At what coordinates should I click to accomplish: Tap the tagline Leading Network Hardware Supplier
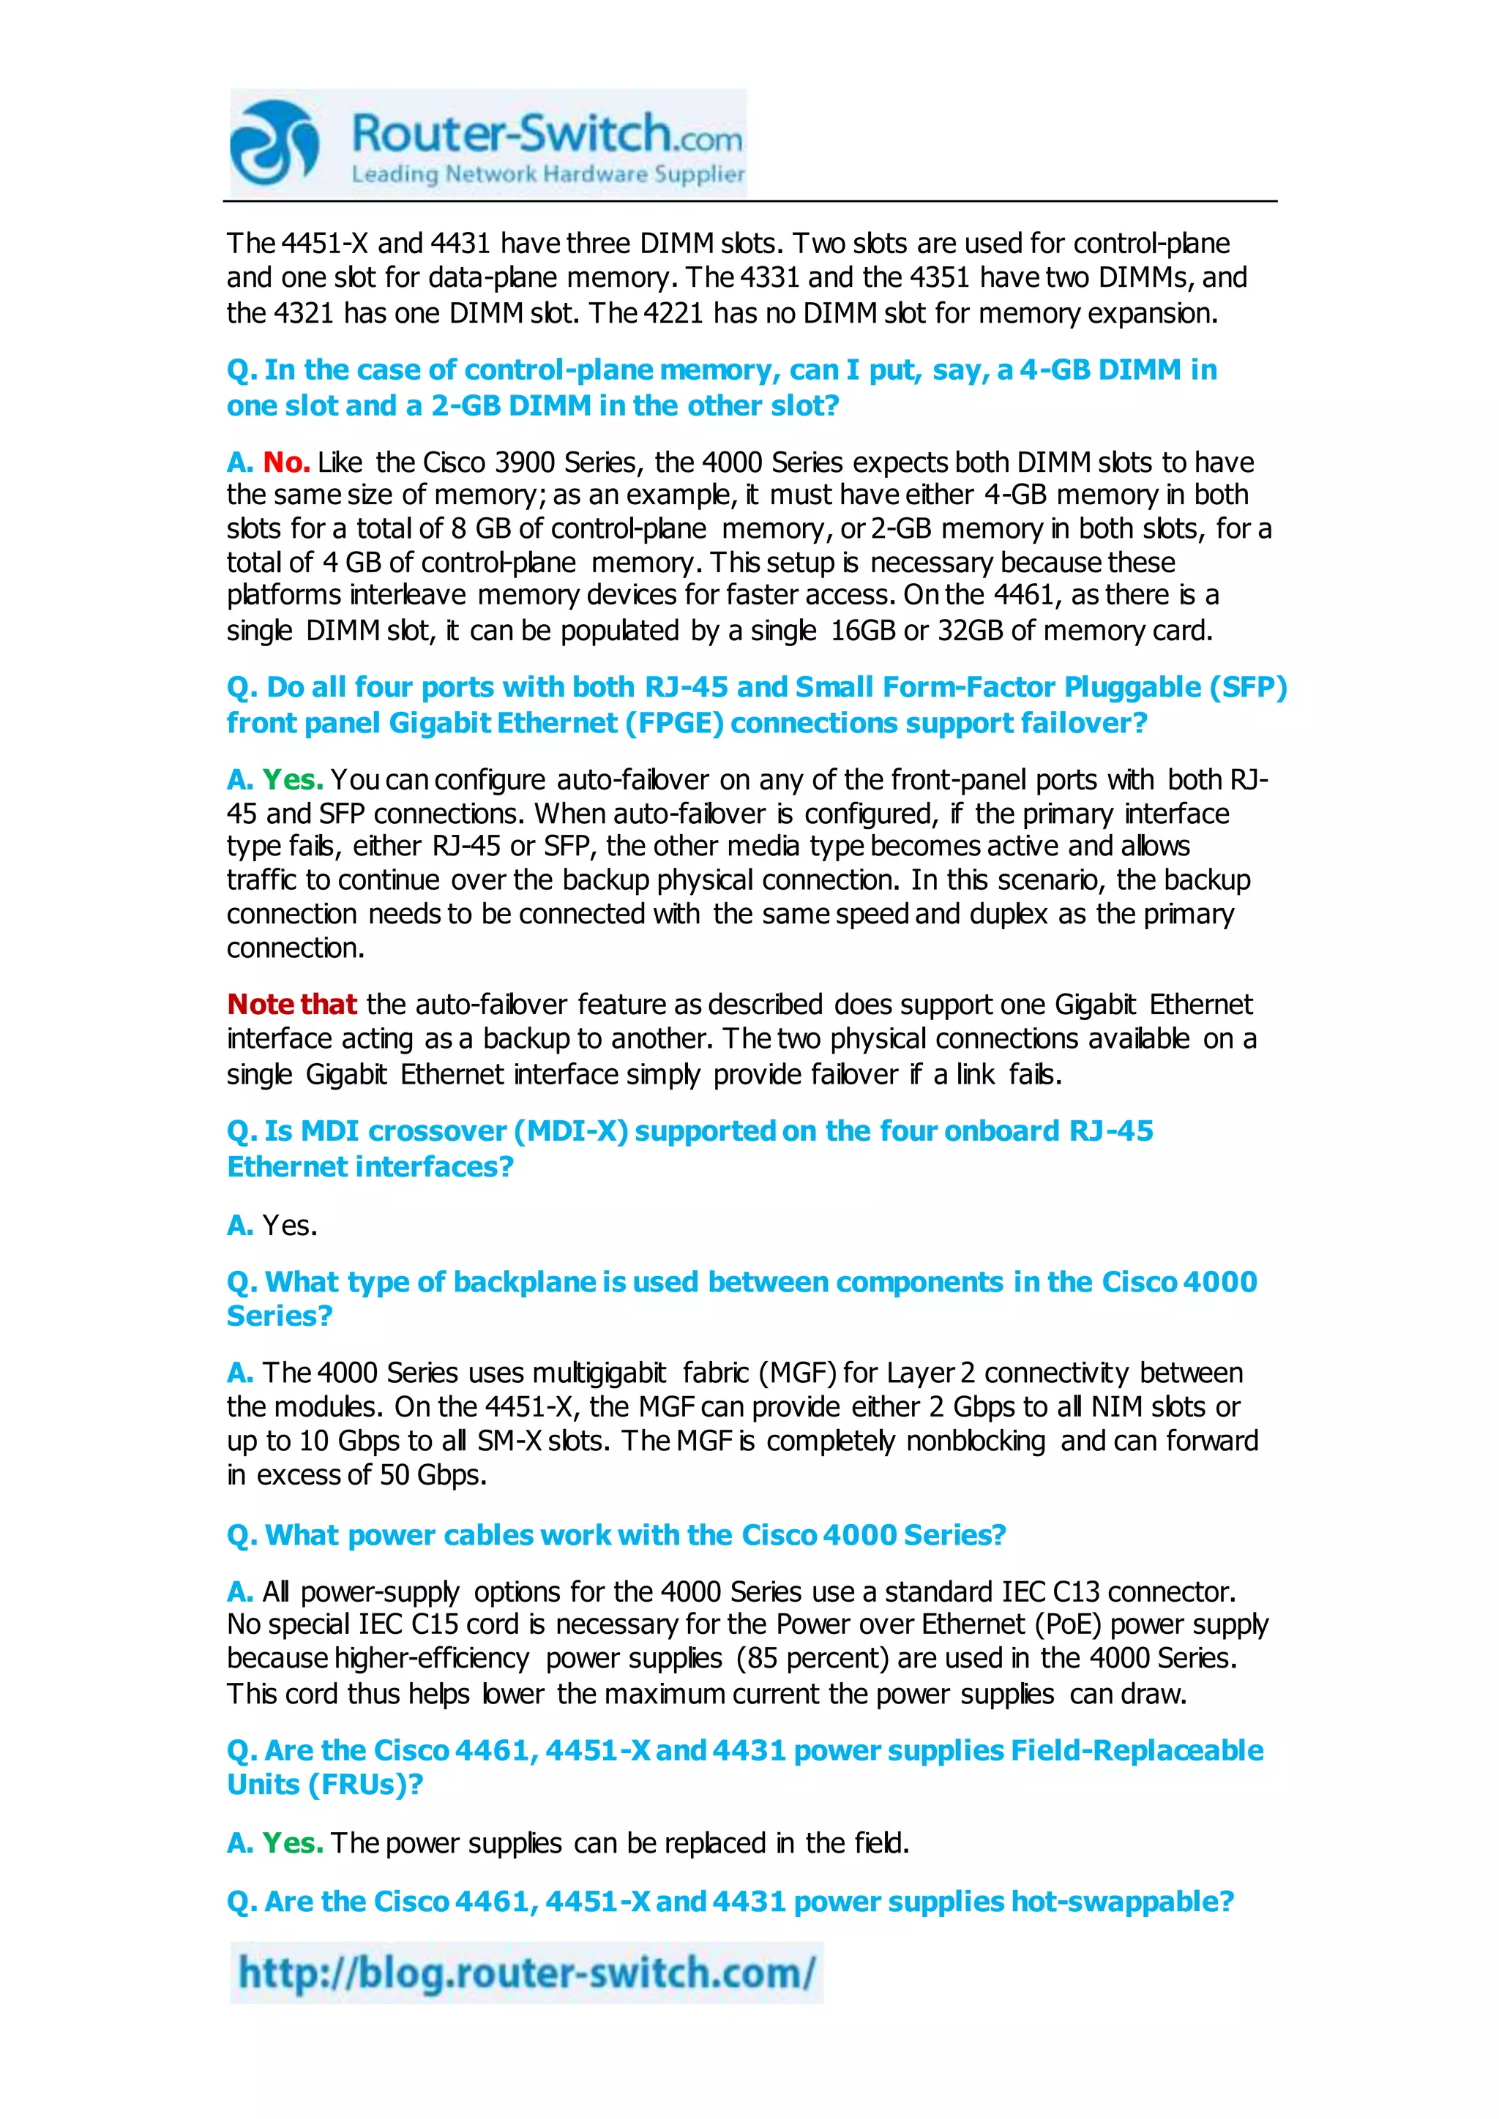547,174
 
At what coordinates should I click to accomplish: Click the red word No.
286,462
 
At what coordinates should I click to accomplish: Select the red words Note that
292,1004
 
